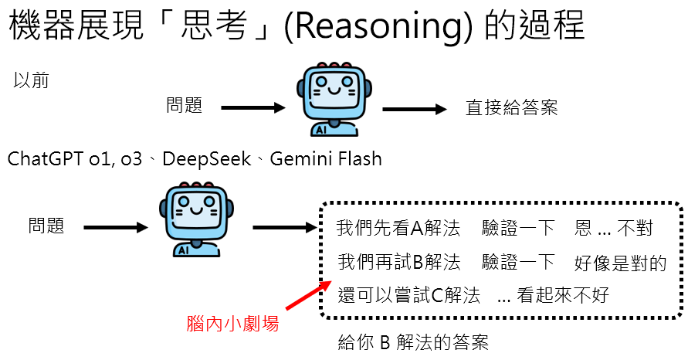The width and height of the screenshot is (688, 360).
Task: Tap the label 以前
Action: click(32, 80)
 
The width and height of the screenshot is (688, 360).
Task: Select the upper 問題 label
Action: click(185, 106)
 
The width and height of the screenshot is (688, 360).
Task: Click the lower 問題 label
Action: click(46, 226)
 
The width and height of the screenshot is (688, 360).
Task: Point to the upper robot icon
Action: click(330, 100)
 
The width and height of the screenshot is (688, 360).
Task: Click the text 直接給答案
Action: click(511, 108)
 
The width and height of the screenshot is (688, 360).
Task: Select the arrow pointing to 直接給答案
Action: click(415, 109)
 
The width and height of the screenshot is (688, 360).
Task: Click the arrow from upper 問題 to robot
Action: click(253, 108)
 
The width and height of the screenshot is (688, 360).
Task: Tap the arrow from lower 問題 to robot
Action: click(115, 227)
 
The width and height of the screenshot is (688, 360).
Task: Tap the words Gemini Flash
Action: click(328, 159)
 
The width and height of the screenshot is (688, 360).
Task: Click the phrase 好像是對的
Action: click(620, 263)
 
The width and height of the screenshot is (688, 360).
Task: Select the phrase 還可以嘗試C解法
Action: click(409, 295)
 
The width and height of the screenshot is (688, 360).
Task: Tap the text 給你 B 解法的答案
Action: click(413, 343)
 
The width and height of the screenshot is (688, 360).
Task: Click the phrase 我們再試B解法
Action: click(398, 263)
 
